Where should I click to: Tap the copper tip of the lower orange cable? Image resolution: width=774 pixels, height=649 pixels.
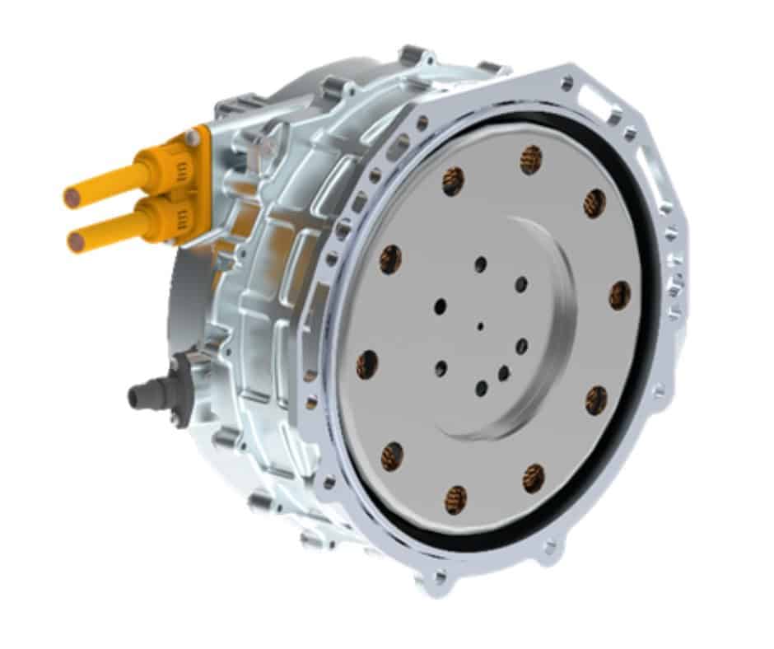point(77,241)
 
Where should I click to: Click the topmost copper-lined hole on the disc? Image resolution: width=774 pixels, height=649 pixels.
point(532,158)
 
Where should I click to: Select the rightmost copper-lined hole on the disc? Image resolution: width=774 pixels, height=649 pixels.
point(620,295)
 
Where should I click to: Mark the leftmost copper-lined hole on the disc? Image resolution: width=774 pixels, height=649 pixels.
point(367,363)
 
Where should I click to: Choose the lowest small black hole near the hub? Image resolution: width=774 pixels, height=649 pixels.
point(482,388)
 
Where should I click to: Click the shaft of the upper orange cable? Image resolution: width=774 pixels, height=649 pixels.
point(107,184)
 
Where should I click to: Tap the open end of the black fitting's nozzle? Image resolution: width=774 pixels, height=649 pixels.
point(133,398)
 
